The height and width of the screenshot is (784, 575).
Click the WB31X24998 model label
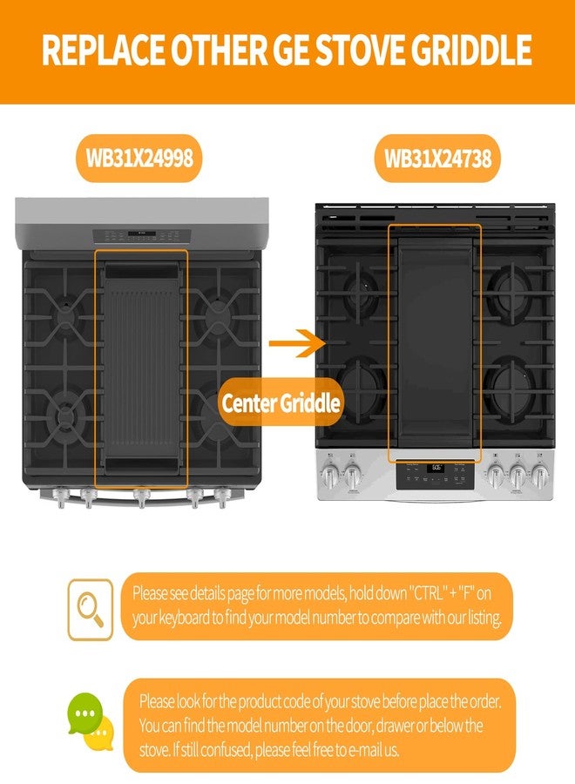pos(139,158)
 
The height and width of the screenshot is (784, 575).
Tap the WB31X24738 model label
pos(437,159)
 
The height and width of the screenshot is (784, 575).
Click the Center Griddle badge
pos(281,402)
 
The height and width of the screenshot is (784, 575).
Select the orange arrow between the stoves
pos(297,343)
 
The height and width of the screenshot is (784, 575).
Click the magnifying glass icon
pos(91,610)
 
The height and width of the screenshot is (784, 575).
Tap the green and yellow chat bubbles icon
pos(91,721)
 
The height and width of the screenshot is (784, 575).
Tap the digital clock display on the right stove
pos(436,468)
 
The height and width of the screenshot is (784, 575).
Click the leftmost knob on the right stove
pos(330,473)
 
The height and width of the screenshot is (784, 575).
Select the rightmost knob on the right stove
pos(539,473)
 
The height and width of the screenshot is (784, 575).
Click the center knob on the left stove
pos(141,497)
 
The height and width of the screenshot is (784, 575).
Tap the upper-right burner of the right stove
pos(512,288)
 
